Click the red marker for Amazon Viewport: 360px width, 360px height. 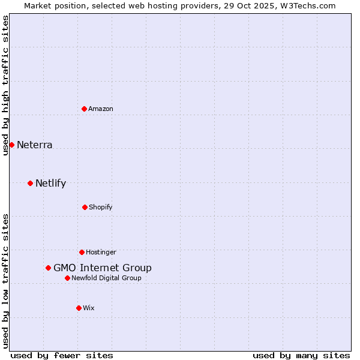coord(85,109)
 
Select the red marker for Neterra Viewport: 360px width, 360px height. coord(11,145)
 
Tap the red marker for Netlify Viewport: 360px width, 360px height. coord(30,183)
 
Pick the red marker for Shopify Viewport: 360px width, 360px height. coord(85,207)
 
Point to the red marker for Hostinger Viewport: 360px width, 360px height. coord(82,252)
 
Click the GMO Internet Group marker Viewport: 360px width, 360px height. coord(48,268)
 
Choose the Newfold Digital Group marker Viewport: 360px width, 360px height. coord(67,278)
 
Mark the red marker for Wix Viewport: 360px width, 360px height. coord(79,308)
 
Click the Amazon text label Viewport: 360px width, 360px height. coord(101,109)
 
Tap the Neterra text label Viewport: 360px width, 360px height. coord(35,145)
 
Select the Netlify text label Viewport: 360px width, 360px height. coord(51,183)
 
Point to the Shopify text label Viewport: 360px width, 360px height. coord(101,207)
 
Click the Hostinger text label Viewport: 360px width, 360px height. coord(101,252)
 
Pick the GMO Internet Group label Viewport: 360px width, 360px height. coord(103,268)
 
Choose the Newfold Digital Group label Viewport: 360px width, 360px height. coord(107,278)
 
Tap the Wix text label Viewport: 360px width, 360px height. coord(89,308)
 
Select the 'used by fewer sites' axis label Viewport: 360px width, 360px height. coord(62,355)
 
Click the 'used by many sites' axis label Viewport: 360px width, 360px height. coord(301,355)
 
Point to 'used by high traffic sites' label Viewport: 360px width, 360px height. coord(5,85)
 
